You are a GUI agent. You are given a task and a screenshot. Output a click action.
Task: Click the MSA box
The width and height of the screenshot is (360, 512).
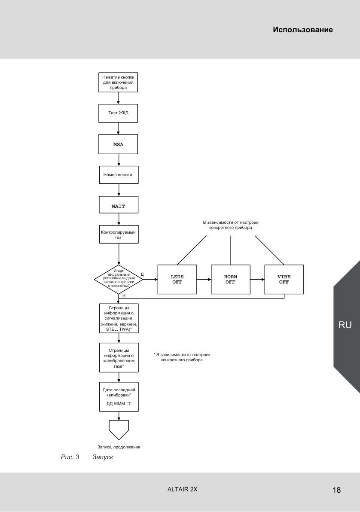[x=118, y=144]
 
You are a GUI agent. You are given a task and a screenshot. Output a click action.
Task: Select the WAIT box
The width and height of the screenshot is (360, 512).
[x=119, y=205]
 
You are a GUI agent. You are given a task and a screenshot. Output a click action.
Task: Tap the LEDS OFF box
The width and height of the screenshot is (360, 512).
[x=177, y=280]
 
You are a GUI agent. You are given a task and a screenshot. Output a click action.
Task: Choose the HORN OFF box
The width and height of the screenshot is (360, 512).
[x=231, y=280]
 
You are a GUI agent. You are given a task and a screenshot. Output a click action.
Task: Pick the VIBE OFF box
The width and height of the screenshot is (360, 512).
[x=284, y=280]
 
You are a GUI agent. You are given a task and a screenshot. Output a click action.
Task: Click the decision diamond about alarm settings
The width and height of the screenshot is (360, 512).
[x=119, y=280]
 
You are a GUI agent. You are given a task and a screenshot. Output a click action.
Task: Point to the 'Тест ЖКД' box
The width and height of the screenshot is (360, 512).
[x=118, y=113]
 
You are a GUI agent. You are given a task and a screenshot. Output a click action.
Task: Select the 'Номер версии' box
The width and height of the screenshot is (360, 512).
[x=119, y=175]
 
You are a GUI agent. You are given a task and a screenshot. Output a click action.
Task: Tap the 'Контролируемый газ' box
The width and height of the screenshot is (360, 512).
[x=119, y=234]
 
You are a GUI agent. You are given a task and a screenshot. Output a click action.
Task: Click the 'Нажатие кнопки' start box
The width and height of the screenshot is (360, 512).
[x=118, y=82]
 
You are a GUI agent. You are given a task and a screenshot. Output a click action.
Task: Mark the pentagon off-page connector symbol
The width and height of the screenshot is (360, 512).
[x=119, y=430]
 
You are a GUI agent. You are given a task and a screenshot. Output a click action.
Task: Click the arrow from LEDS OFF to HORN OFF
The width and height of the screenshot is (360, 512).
[x=204, y=280]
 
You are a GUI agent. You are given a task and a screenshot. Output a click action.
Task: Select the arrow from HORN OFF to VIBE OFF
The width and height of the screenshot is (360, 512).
[x=257, y=280]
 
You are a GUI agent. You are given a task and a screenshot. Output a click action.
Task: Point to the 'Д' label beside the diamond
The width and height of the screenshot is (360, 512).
[x=142, y=274]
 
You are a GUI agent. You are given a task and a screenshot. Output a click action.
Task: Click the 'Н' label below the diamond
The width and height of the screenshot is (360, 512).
[x=124, y=296]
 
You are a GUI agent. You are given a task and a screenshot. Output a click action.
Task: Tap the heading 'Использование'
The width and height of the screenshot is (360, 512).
[x=303, y=30]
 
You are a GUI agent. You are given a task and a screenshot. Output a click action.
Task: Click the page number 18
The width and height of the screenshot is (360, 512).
[x=336, y=490]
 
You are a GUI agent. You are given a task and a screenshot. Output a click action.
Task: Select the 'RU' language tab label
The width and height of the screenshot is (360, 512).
[x=345, y=325]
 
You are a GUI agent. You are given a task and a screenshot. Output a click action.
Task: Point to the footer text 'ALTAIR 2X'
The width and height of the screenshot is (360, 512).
[x=182, y=489]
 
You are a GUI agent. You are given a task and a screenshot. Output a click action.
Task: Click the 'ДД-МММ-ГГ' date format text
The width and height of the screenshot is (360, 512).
[x=119, y=404]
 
